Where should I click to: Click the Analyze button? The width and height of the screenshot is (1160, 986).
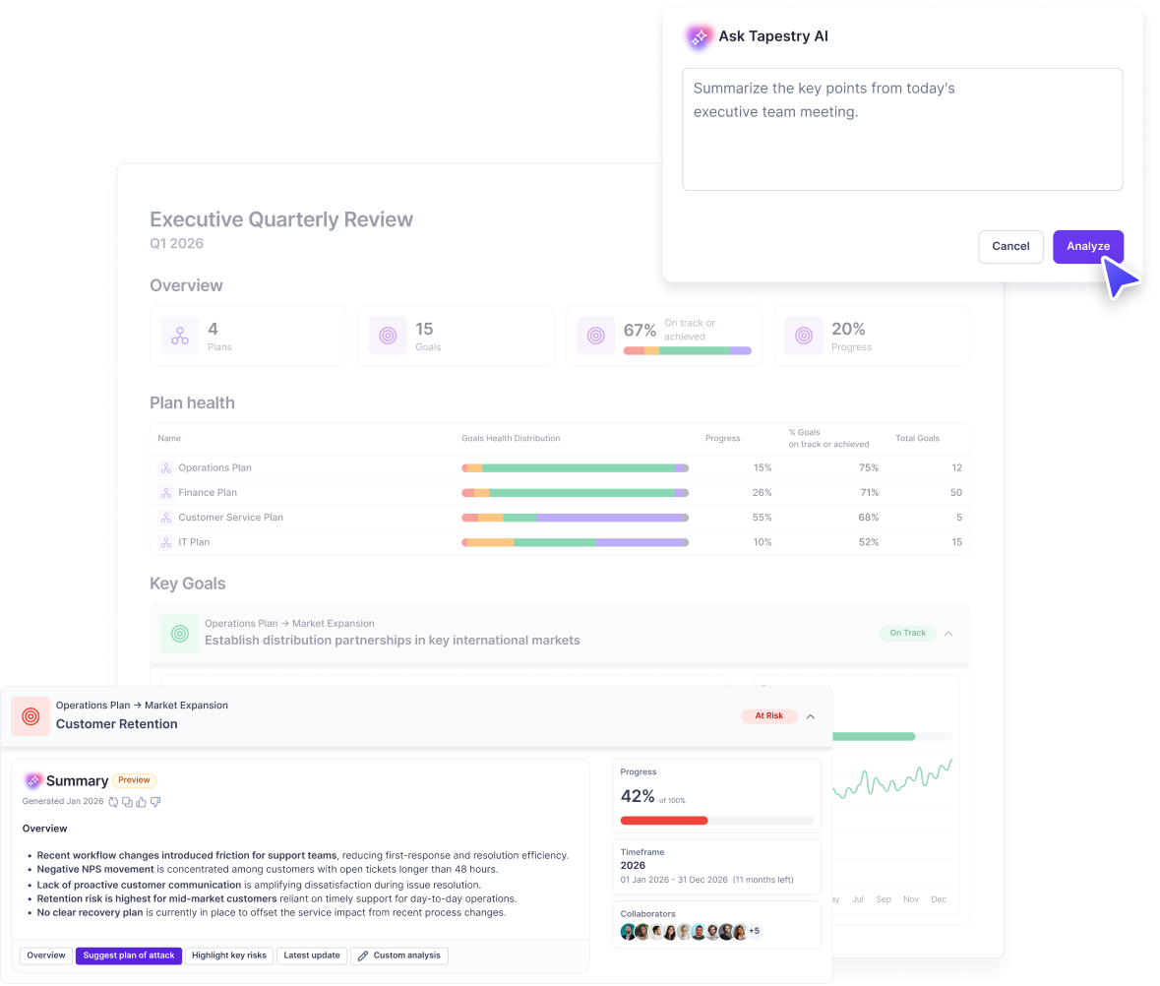point(1087,246)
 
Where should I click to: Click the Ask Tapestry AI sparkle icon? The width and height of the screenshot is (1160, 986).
point(699,37)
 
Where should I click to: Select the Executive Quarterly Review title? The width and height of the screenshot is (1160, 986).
point(281,219)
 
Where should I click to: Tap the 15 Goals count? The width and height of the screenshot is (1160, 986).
point(424,329)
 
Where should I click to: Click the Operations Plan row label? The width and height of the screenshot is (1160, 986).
point(214,467)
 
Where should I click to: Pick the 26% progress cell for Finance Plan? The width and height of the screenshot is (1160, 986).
point(762,492)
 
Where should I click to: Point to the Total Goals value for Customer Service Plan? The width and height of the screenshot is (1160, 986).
point(958,518)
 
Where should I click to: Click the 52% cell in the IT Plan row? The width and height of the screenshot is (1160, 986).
point(867,542)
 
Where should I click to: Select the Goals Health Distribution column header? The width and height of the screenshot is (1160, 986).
point(511,438)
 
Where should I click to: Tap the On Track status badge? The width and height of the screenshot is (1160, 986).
point(907,633)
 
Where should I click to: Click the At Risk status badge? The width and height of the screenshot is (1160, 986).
point(768,715)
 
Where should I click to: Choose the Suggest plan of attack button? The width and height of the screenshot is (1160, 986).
point(129,955)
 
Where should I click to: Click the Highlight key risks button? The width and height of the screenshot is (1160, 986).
point(229,955)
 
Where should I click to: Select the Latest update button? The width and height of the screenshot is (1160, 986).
point(312,955)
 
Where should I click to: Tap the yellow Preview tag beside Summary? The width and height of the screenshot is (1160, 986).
point(134,780)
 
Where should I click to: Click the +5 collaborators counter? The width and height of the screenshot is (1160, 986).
point(755,931)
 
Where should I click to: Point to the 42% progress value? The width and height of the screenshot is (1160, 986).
point(638,796)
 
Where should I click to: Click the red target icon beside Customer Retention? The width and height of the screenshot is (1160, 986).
point(31,716)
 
